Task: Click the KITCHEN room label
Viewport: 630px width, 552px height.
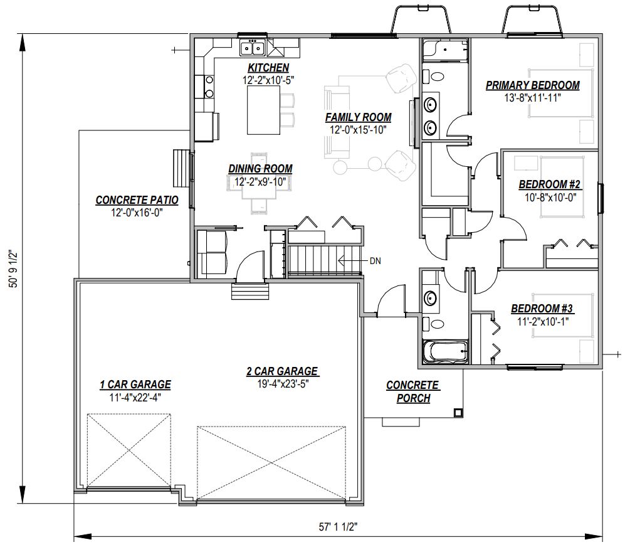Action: coord(268,68)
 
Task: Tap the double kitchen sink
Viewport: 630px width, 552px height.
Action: coord(253,48)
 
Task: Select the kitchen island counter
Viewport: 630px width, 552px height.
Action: coord(263,110)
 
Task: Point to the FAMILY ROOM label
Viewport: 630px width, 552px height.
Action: coord(359,117)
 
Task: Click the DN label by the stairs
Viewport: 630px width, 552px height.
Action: coord(375,262)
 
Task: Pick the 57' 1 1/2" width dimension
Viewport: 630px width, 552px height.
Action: coord(339,527)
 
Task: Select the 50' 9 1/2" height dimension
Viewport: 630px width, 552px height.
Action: coord(14,268)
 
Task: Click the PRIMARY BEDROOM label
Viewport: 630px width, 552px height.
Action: coord(533,85)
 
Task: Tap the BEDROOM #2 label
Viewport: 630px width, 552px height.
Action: coord(550,184)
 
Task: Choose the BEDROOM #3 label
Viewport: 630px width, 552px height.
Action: coord(542,309)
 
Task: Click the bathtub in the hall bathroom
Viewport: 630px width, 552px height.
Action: coord(445,352)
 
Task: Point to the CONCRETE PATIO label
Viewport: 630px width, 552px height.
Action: coord(137,200)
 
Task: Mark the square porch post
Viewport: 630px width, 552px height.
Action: coord(458,413)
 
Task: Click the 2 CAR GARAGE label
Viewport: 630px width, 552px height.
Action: coord(283,371)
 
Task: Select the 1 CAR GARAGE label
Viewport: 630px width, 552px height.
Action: coord(135,385)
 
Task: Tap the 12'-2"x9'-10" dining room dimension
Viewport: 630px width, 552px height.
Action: coord(260,182)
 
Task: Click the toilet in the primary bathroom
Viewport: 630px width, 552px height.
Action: coord(433,75)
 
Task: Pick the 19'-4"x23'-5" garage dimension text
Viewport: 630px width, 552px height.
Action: coord(283,384)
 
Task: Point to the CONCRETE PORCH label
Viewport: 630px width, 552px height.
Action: coord(413,391)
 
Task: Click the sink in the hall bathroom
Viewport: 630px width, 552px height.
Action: coord(431,298)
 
